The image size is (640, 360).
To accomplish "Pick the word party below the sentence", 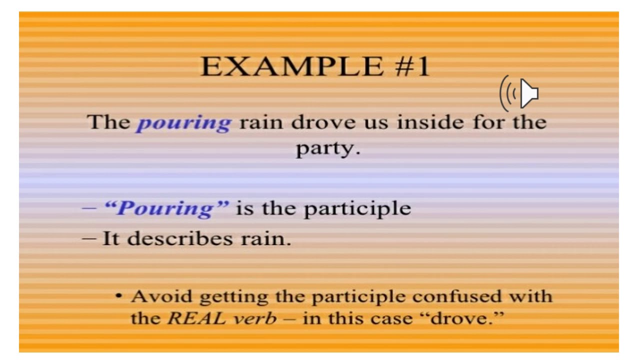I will coord(327,149).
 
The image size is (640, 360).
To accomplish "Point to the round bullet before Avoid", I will coord(118,296).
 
